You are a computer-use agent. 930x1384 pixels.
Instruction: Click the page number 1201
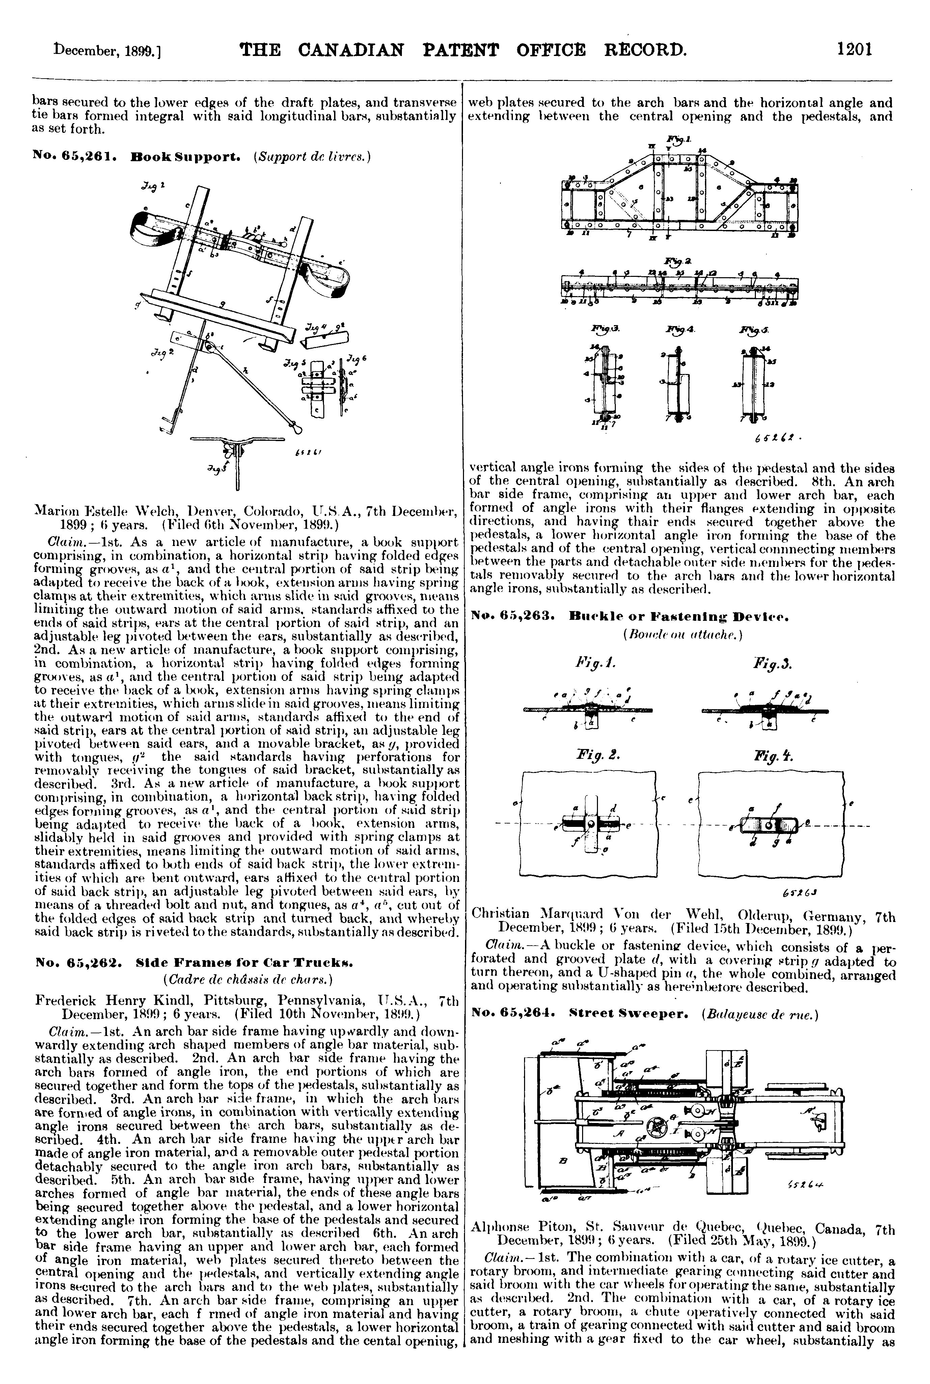(854, 48)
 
